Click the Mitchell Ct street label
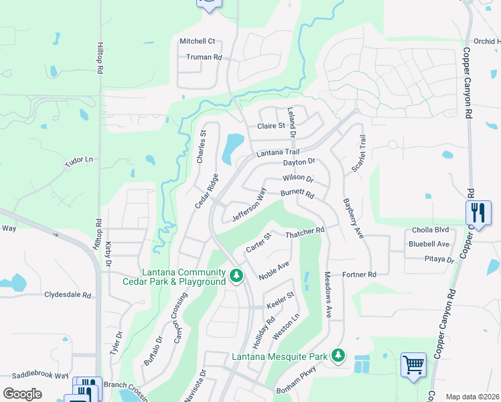[197, 41]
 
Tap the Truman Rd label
[204, 58]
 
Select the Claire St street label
[271, 126]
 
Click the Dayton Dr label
[299, 162]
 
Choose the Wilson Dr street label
[297, 179]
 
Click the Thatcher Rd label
[305, 230]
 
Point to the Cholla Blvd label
[430, 230]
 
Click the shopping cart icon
[414, 366]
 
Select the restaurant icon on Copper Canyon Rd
[478, 212]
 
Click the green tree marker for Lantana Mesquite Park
[339, 354]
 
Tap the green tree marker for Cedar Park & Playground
[236, 275]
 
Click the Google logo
[22, 394]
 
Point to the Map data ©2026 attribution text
[472, 397]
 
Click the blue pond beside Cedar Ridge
[233, 147]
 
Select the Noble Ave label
[274, 271]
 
